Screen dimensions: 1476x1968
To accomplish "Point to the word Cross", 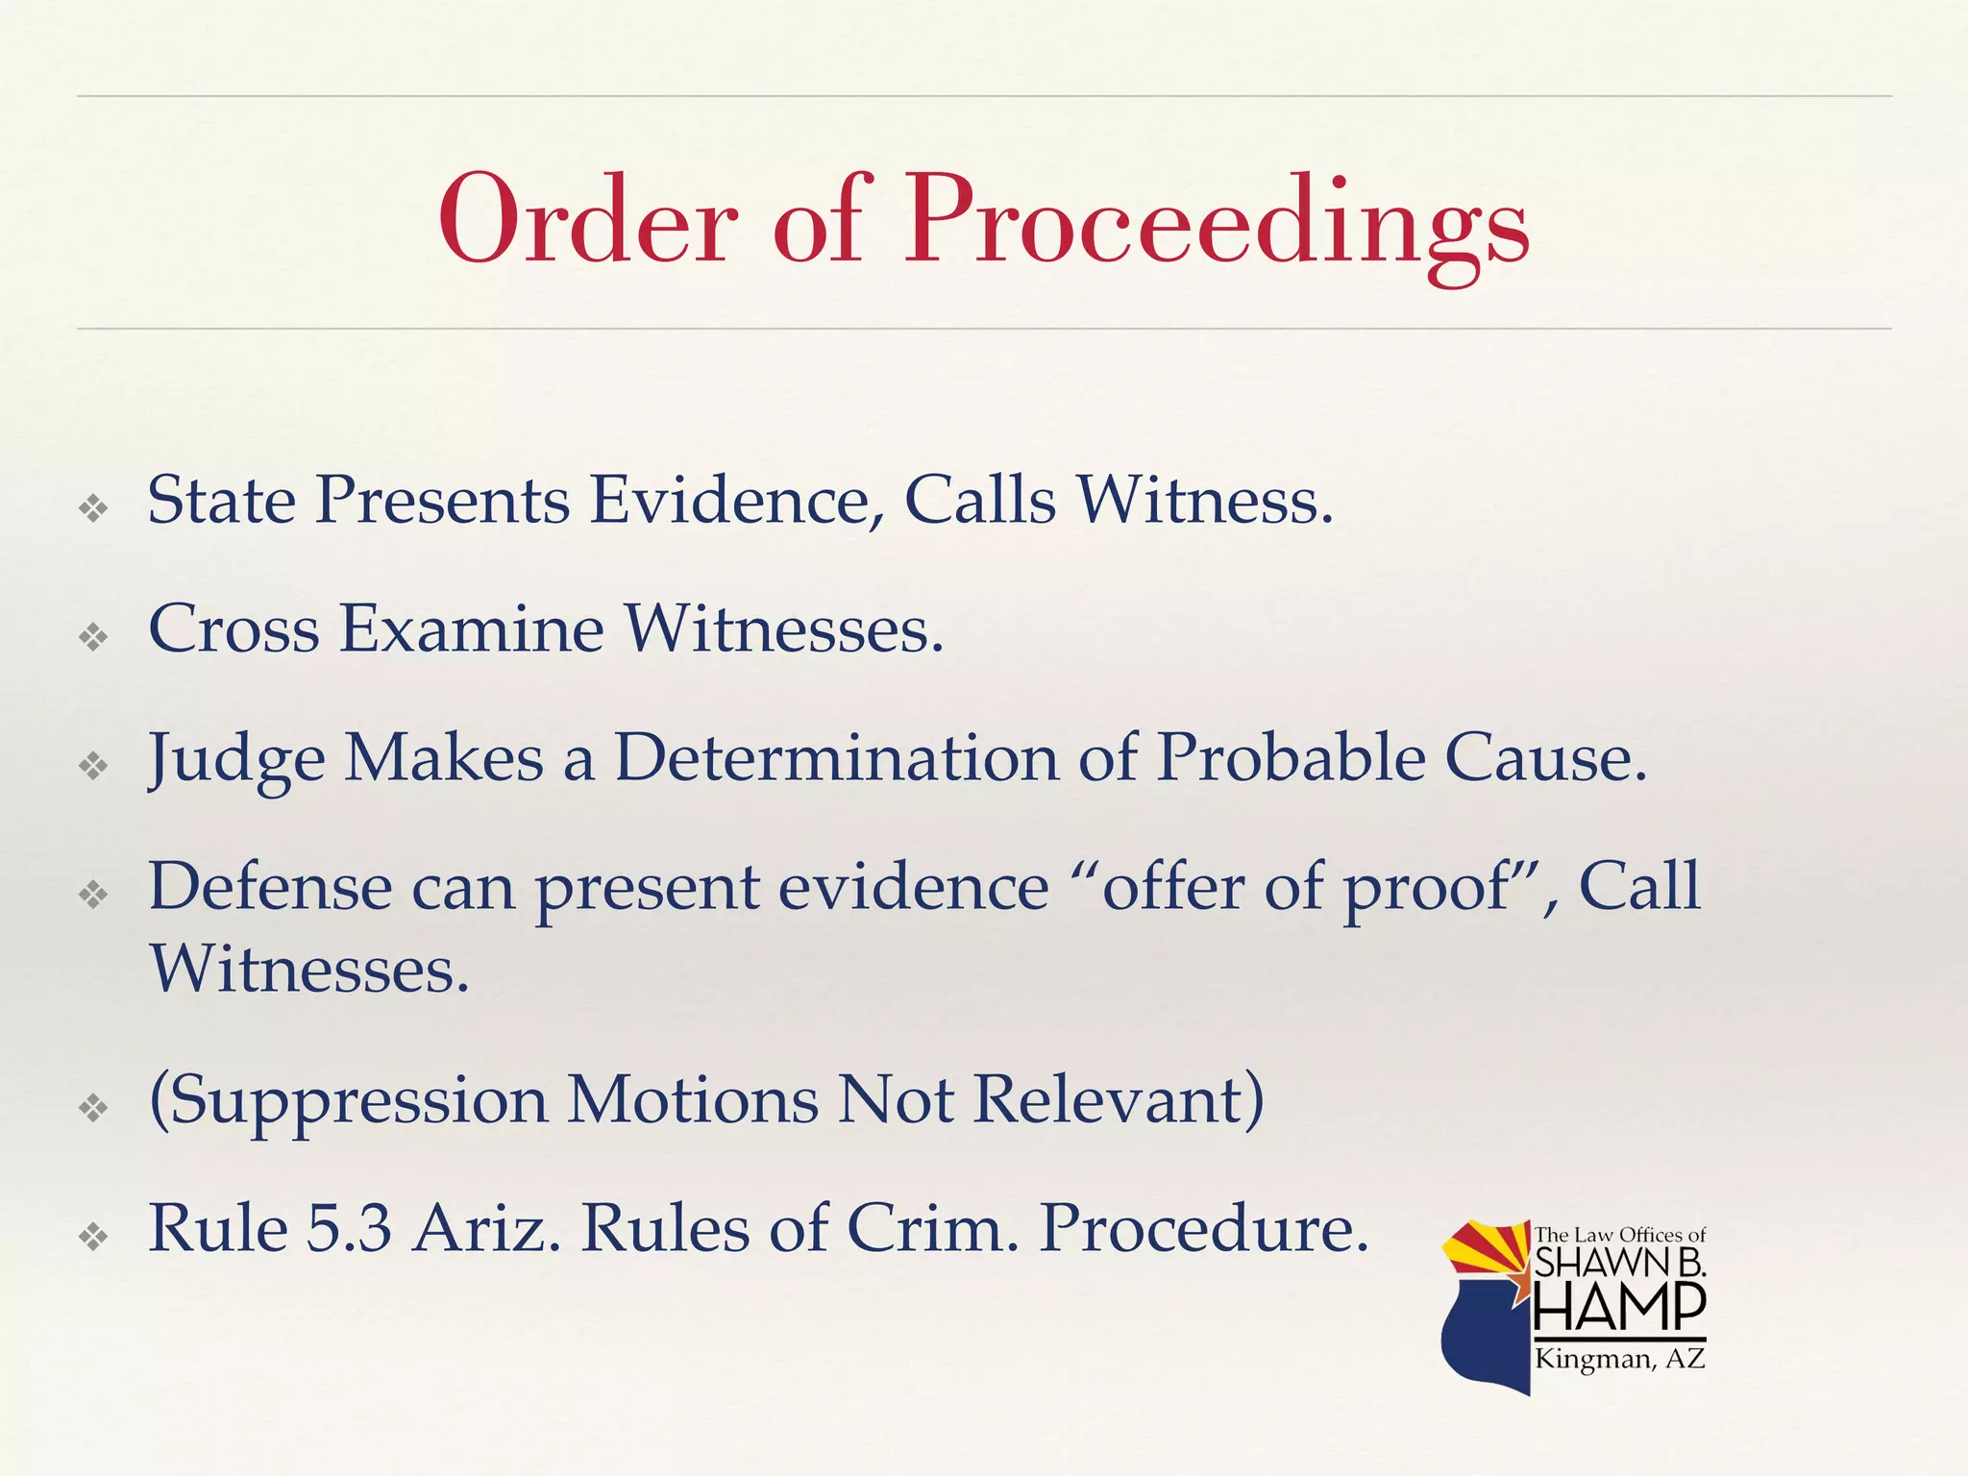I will (234, 629).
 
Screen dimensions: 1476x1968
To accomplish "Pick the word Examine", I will (471, 629).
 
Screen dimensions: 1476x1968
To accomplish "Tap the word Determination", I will (836, 758).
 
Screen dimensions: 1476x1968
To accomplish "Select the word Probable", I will (1291, 758).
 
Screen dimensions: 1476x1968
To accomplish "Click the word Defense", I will (270, 887).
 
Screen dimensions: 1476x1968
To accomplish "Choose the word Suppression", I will (349, 1101).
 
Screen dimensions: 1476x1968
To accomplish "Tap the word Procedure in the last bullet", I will (1204, 1229).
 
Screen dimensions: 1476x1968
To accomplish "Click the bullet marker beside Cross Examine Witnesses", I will (93, 636).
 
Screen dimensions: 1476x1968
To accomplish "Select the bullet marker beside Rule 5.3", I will (93, 1236).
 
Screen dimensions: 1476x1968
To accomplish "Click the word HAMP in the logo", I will (1619, 1308).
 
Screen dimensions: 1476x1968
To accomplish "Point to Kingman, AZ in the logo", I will (1619, 1359).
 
